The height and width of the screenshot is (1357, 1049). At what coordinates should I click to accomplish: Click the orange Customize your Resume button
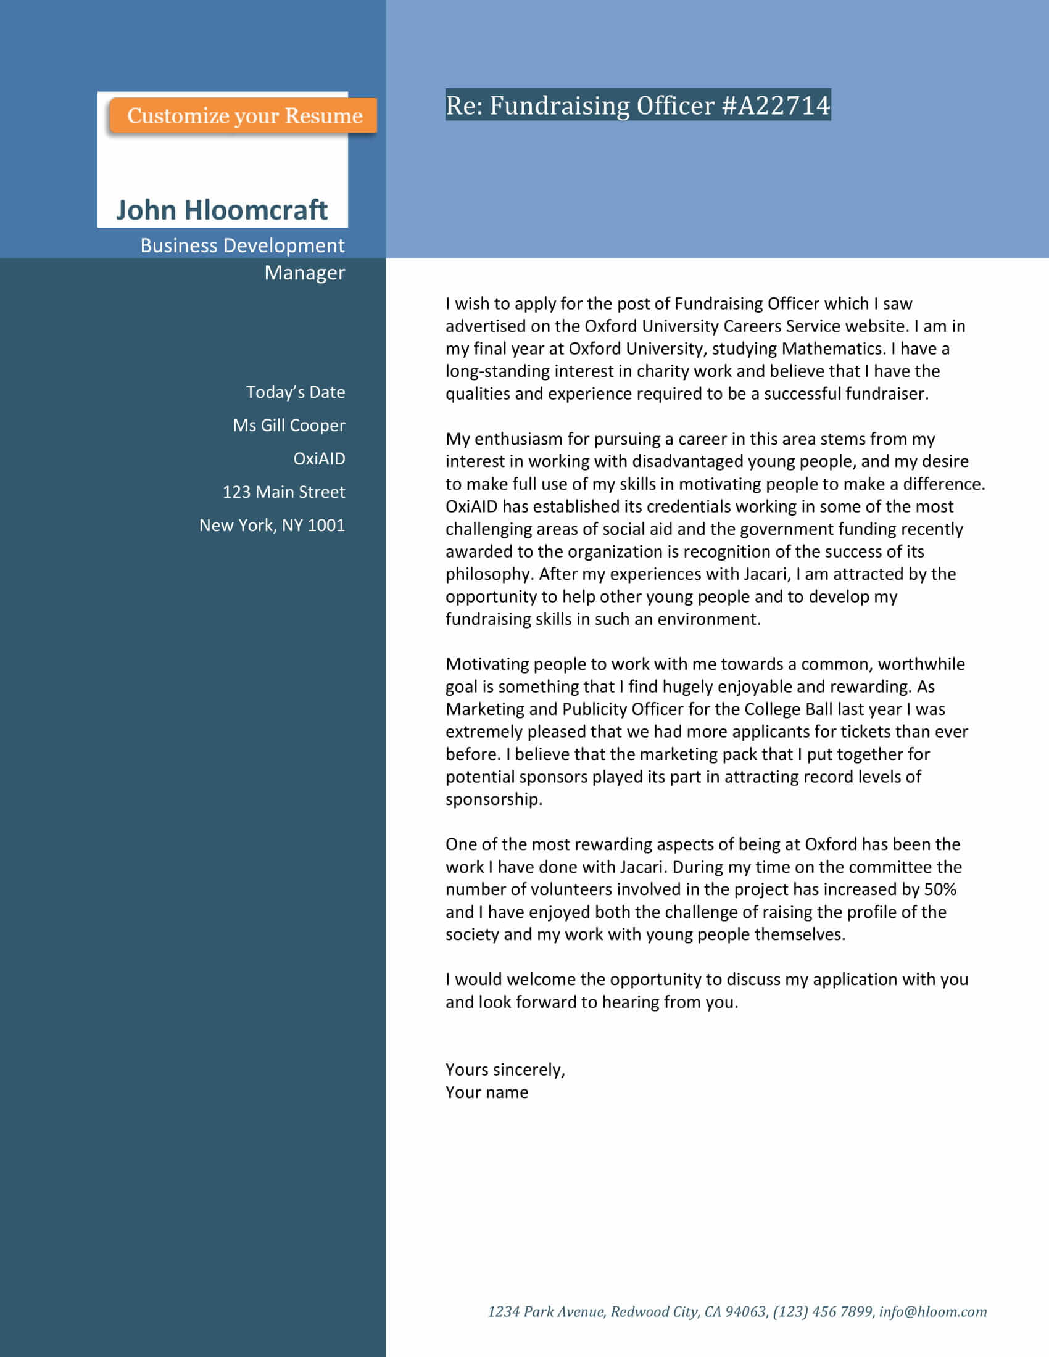click(244, 115)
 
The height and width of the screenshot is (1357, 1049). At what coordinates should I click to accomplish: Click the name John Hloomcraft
click(222, 210)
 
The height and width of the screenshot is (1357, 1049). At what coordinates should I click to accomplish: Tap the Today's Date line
click(295, 392)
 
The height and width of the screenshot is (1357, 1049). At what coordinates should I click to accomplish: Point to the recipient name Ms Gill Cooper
click(288, 426)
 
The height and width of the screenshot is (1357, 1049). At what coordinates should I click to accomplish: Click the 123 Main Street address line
click(283, 492)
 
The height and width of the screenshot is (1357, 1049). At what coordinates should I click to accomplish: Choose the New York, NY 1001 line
click(272, 526)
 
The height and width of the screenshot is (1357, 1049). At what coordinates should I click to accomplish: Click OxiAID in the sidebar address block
click(319, 458)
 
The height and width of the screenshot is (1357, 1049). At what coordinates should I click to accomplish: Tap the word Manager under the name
click(304, 273)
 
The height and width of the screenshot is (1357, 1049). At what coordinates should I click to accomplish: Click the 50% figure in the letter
click(940, 889)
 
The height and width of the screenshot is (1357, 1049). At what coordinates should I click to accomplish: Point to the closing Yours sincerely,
click(505, 1070)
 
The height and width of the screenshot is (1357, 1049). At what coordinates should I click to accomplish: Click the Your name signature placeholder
click(487, 1092)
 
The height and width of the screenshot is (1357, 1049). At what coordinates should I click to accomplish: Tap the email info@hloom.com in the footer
click(932, 1311)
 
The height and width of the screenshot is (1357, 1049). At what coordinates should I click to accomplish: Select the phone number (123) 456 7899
click(823, 1311)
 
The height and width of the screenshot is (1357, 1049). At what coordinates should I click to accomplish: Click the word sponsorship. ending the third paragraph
click(494, 799)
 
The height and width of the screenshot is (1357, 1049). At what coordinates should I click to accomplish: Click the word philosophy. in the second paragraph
click(489, 574)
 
